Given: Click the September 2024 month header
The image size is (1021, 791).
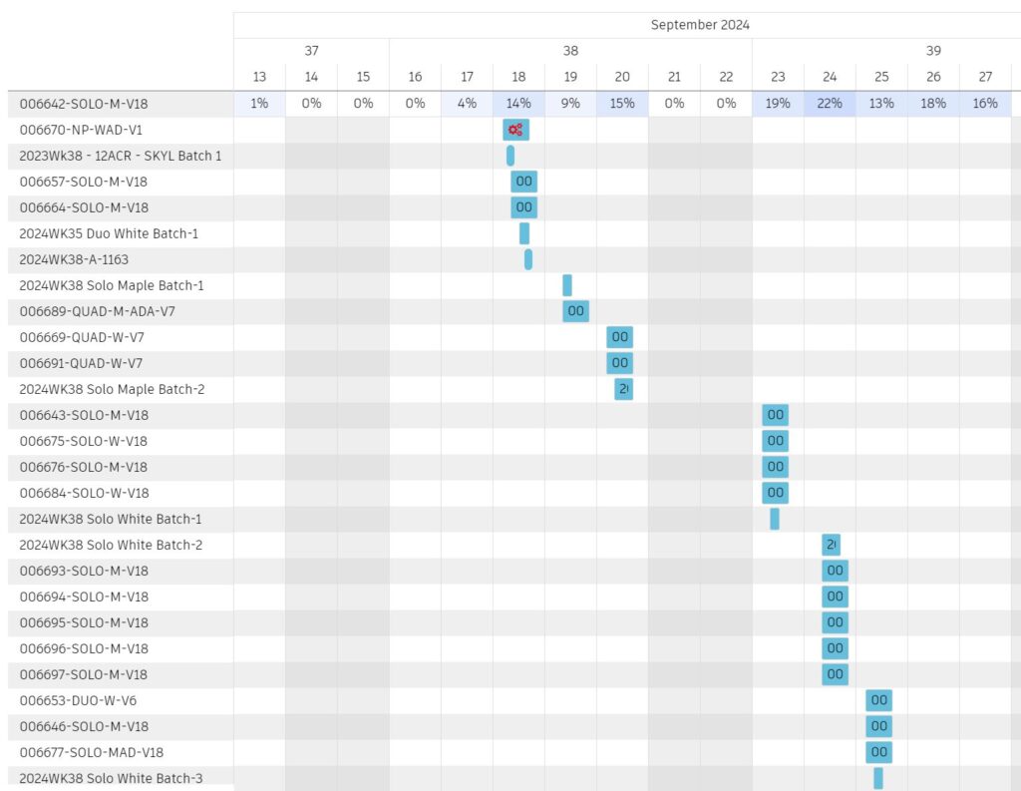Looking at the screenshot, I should [x=700, y=25].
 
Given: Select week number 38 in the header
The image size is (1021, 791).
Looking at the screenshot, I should [x=570, y=51].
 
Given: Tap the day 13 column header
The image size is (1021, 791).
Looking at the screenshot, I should [x=259, y=77].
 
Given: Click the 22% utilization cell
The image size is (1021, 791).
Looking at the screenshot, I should [x=830, y=103].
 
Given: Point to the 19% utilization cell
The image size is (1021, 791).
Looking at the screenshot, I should [x=778, y=103].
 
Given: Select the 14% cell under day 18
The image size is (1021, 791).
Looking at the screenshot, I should [x=518, y=103].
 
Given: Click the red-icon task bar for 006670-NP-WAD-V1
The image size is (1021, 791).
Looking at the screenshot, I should [x=515, y=130].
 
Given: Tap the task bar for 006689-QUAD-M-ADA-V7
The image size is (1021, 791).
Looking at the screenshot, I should [x=575, y=311].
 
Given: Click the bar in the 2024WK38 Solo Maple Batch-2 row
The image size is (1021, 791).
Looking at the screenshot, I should [x=623, y=389].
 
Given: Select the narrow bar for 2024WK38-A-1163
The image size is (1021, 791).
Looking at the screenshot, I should [x=528, y=259].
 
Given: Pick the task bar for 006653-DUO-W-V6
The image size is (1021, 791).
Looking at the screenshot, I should [x=878, y=700].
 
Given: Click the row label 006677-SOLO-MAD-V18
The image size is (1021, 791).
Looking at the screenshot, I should [x=91, y=752].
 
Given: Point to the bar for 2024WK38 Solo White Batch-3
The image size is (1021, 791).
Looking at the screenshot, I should [x=878, y=778].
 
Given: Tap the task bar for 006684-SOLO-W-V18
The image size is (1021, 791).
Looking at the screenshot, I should [x=775, y=493].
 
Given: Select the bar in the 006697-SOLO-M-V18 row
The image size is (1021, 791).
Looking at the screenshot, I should [x=835, y=674].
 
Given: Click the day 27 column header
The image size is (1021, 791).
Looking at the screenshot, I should [x=985, y=77].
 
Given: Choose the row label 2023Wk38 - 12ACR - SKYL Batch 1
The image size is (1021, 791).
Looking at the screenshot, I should [x=121, y=156].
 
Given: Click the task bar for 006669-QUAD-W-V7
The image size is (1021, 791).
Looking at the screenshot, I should [x=619, y=337].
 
